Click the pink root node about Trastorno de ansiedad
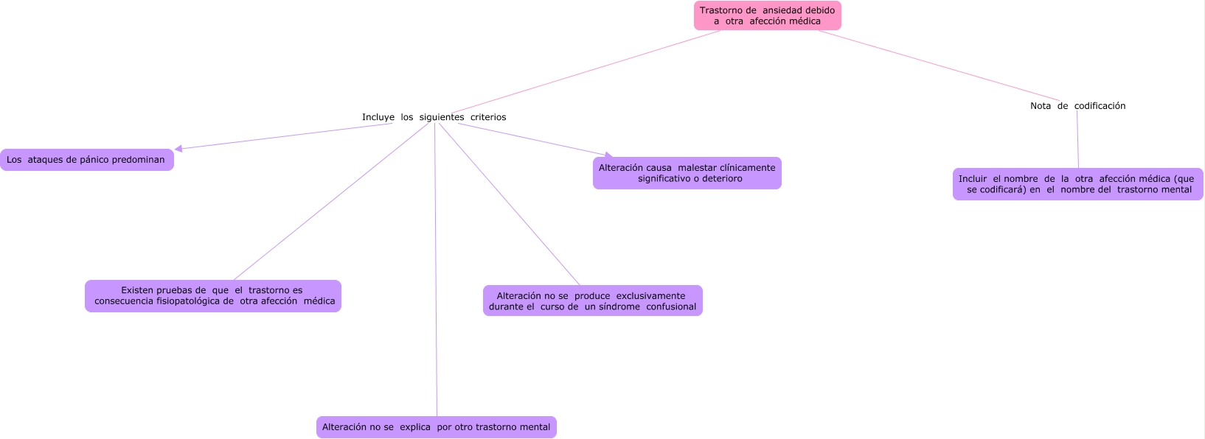click(x=767, y=15)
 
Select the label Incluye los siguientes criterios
click(x=434, y=117)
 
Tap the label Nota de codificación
click(x=1077, y=106)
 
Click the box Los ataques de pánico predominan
click(x=86, y=160)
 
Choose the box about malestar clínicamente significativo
click(x=687, y=173)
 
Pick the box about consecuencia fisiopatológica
click(x=212, y=295)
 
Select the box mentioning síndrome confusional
click(x=592, y=301)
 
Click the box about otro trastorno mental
click(x=436, y=427)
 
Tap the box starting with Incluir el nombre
click(x=1077, y=184)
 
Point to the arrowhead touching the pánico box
click(x=178, y=149)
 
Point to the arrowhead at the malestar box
click(x=609, y=155)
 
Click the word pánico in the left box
click(x=94, y=160)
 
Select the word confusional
click(x=671, y=307)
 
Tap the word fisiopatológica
click(x=190, y=301)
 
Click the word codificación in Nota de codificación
click(x=1100, y=106)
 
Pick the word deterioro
click(x=723, y=179)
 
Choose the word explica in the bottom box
click(x=415, y=427)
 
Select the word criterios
click(x=488, y=117)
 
